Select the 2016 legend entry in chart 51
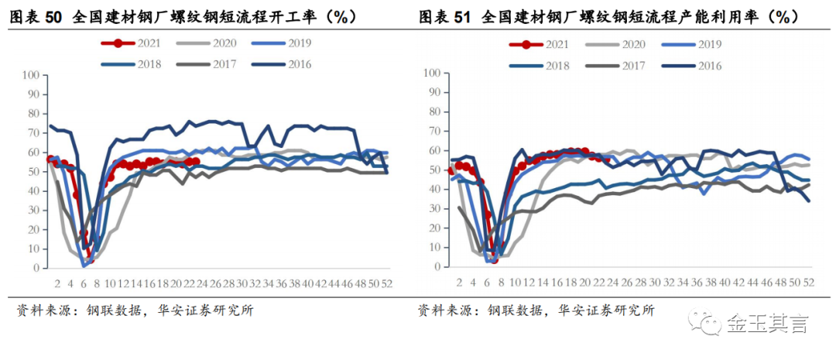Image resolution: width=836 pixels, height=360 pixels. click(691, 66)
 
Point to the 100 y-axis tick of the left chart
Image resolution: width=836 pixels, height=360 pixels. click(30, 75)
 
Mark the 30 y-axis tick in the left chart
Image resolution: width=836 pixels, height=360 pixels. click(33, 211)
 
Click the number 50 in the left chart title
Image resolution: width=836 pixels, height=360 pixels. click(53, 17)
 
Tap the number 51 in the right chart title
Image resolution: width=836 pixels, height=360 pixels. click(461, 17)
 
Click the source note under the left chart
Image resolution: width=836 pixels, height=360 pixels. click(135, 310)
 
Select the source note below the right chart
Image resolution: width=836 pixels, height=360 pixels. click(536, 310)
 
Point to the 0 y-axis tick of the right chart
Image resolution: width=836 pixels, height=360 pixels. click(440, 266)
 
